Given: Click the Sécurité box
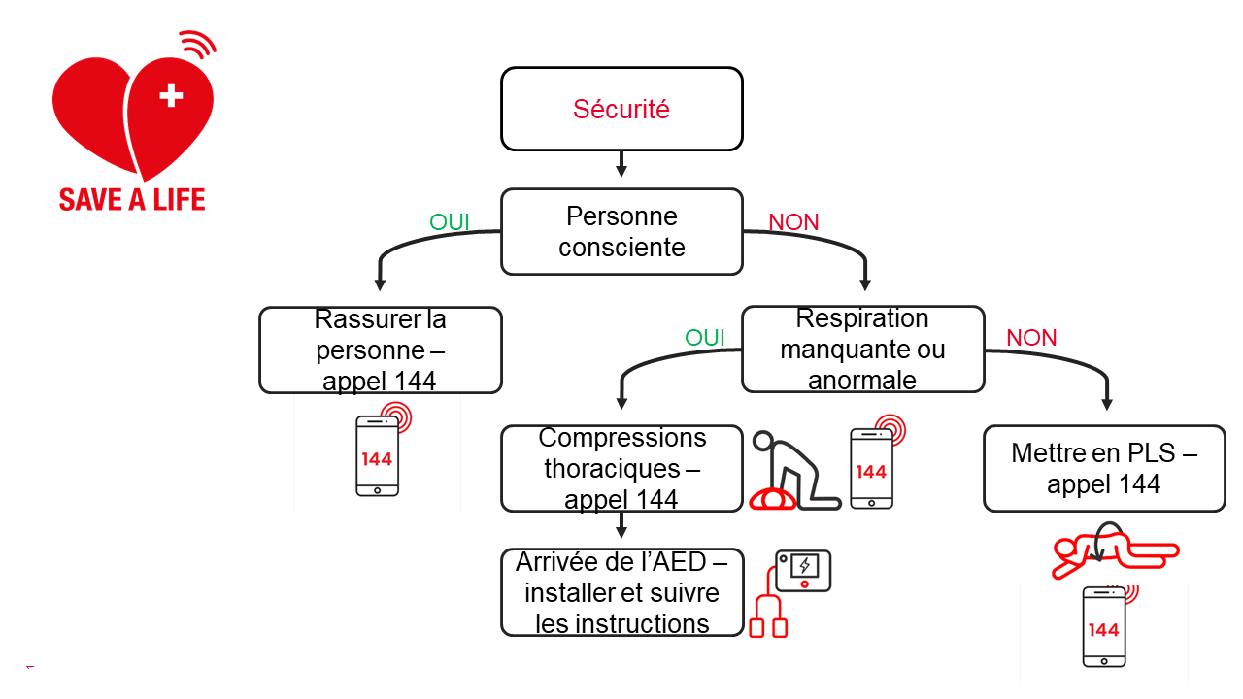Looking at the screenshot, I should (621, 109).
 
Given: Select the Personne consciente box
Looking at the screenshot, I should (621, 232).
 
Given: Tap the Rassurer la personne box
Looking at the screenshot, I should (380, 349).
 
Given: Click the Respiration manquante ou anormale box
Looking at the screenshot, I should (862, 349).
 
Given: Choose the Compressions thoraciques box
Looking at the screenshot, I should (621, 469).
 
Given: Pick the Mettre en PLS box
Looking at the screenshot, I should (1104, 469).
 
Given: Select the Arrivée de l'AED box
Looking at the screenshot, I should (621, 592).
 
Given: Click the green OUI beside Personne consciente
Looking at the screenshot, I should (450, 222).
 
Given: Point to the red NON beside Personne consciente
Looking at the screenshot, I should (793, 222).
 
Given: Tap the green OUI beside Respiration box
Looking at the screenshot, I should (705, 338).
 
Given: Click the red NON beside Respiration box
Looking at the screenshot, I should (1031, 338).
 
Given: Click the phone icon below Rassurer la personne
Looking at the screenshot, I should (378, 455).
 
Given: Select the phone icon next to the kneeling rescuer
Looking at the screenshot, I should (871, 468).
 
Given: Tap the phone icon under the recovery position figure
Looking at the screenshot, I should (1104, 626).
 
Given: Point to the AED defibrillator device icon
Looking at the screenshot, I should (802, 571).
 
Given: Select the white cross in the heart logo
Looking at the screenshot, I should (171, 95).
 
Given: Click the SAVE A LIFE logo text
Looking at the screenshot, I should (132, 200).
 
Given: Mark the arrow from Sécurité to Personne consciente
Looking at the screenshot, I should (621, 163).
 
